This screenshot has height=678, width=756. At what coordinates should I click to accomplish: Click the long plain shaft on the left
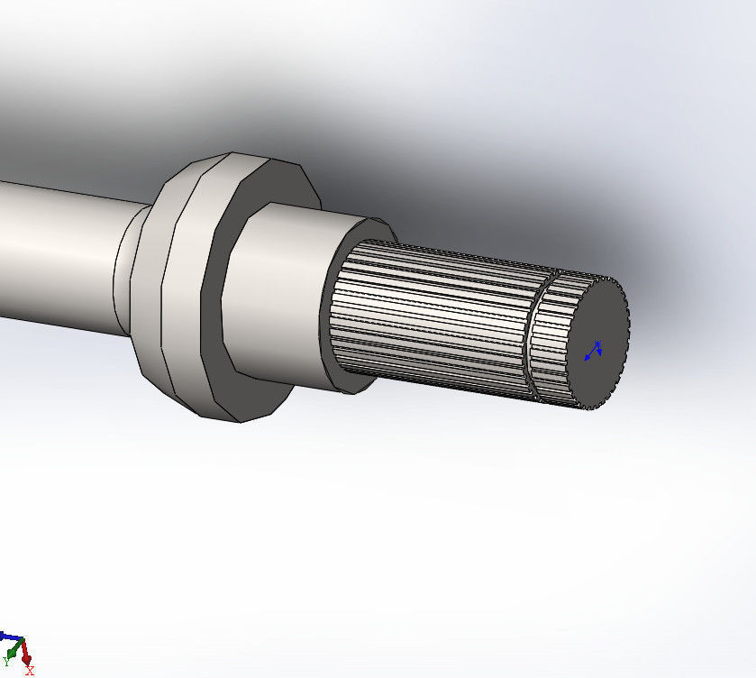click(54, 252)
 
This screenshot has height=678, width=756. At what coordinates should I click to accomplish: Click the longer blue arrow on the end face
click(590, 355)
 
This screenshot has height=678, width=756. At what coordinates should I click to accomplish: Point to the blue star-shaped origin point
click(597, 343)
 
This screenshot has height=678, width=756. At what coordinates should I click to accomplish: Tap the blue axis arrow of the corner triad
click(9, 637)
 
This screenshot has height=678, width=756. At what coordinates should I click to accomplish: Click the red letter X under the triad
click(30, 671)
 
